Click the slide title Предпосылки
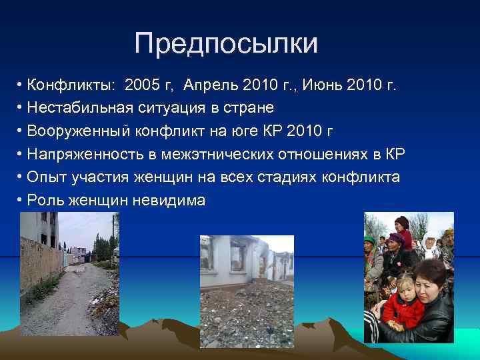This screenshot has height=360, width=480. tap(226, 44)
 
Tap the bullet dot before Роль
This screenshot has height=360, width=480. tap(21, 199)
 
